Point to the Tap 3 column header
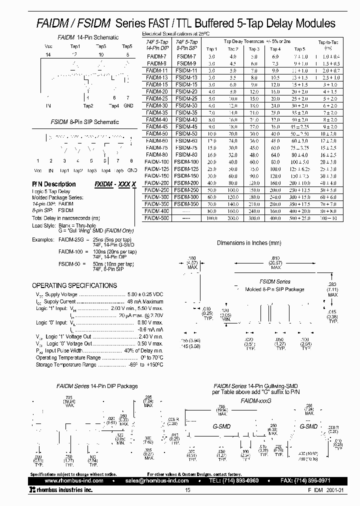click(x=254, y=49)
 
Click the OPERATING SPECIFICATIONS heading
click(x=74, y=285)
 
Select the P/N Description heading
click(x=54, y=184)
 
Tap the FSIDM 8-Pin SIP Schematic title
click(x=84, y=121)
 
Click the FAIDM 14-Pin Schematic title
click(x=88, y=37)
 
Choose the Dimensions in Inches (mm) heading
click(x=249, y=243)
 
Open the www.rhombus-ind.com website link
click(x=70, y=480)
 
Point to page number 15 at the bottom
click(x=187, y=490)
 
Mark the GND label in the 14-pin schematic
click(x=128, y=105)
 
